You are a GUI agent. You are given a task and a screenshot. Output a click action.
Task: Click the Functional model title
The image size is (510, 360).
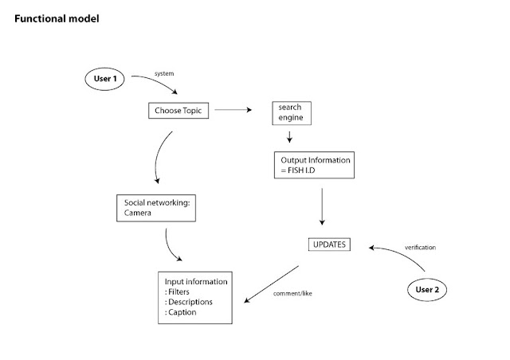pos(57,18)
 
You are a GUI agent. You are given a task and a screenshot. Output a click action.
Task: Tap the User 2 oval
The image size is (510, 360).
pos(426,289)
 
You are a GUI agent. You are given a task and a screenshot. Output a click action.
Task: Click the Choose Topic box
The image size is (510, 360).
pos(179,112)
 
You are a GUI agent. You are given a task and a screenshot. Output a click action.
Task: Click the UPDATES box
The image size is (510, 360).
pos(329,245)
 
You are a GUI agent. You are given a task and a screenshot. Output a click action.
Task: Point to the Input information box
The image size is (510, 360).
pos(195,297)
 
